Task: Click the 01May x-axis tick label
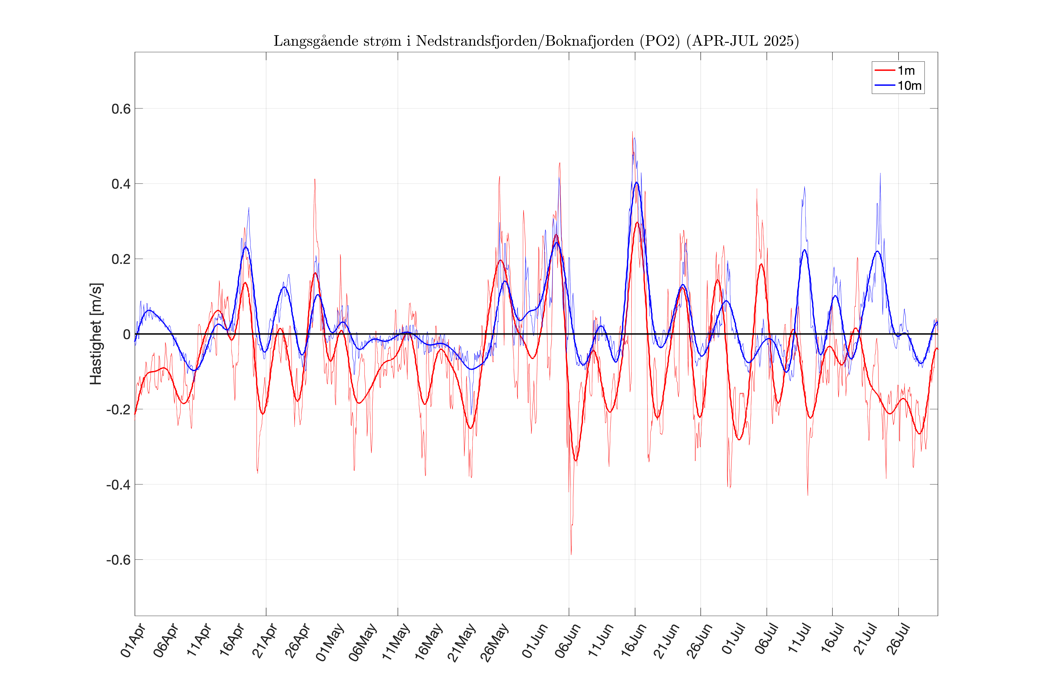[x=330, y=642]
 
